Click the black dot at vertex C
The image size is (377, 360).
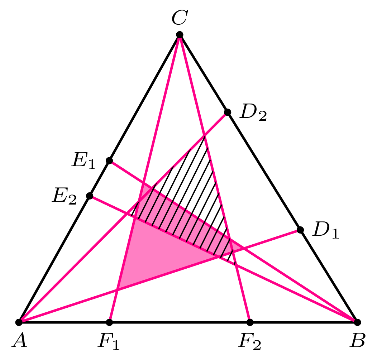point(180,35)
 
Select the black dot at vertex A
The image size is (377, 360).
point(19,322)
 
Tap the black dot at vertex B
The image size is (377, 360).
point(358,322)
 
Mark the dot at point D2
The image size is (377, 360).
point(228,112)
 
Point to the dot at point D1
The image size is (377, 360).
point(300,230)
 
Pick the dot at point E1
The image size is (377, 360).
point(109,160)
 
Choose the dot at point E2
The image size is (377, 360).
point(90,196)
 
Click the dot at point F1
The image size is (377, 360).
point(109,322)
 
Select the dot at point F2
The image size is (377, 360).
point(250,322)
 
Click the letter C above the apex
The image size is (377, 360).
point(180,17)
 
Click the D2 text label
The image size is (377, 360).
point(253,112)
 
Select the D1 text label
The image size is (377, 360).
point(325,230)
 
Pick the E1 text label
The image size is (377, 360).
point(83,160)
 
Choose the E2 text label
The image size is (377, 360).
point(64,196)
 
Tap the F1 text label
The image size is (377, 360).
point(109,341)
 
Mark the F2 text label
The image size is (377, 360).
point(249,341)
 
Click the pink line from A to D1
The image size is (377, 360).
point(159,276)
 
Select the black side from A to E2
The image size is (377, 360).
point(54,259)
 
